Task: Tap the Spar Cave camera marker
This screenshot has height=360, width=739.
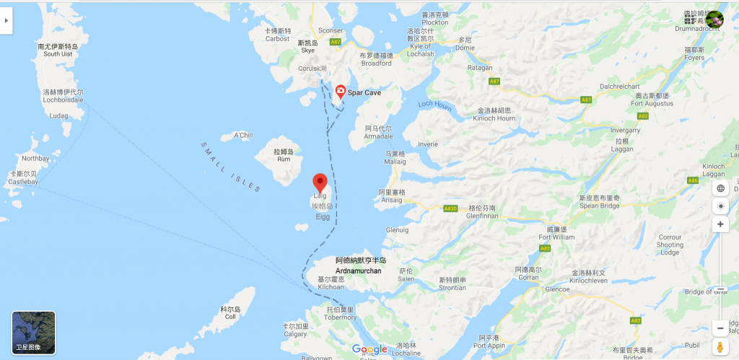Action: tap(340, 91)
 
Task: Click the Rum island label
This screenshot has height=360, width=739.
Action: tap(284, 155)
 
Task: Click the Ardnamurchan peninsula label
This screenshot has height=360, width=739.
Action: tap(361, 265)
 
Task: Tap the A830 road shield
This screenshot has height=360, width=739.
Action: tap(450, 208)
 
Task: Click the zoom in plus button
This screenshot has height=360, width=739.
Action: tap(720, 224)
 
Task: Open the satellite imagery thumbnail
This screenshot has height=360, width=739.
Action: tap(33, 333)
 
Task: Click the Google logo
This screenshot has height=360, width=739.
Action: tap(369, 349)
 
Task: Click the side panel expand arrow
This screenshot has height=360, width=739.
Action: tap(6, 21)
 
